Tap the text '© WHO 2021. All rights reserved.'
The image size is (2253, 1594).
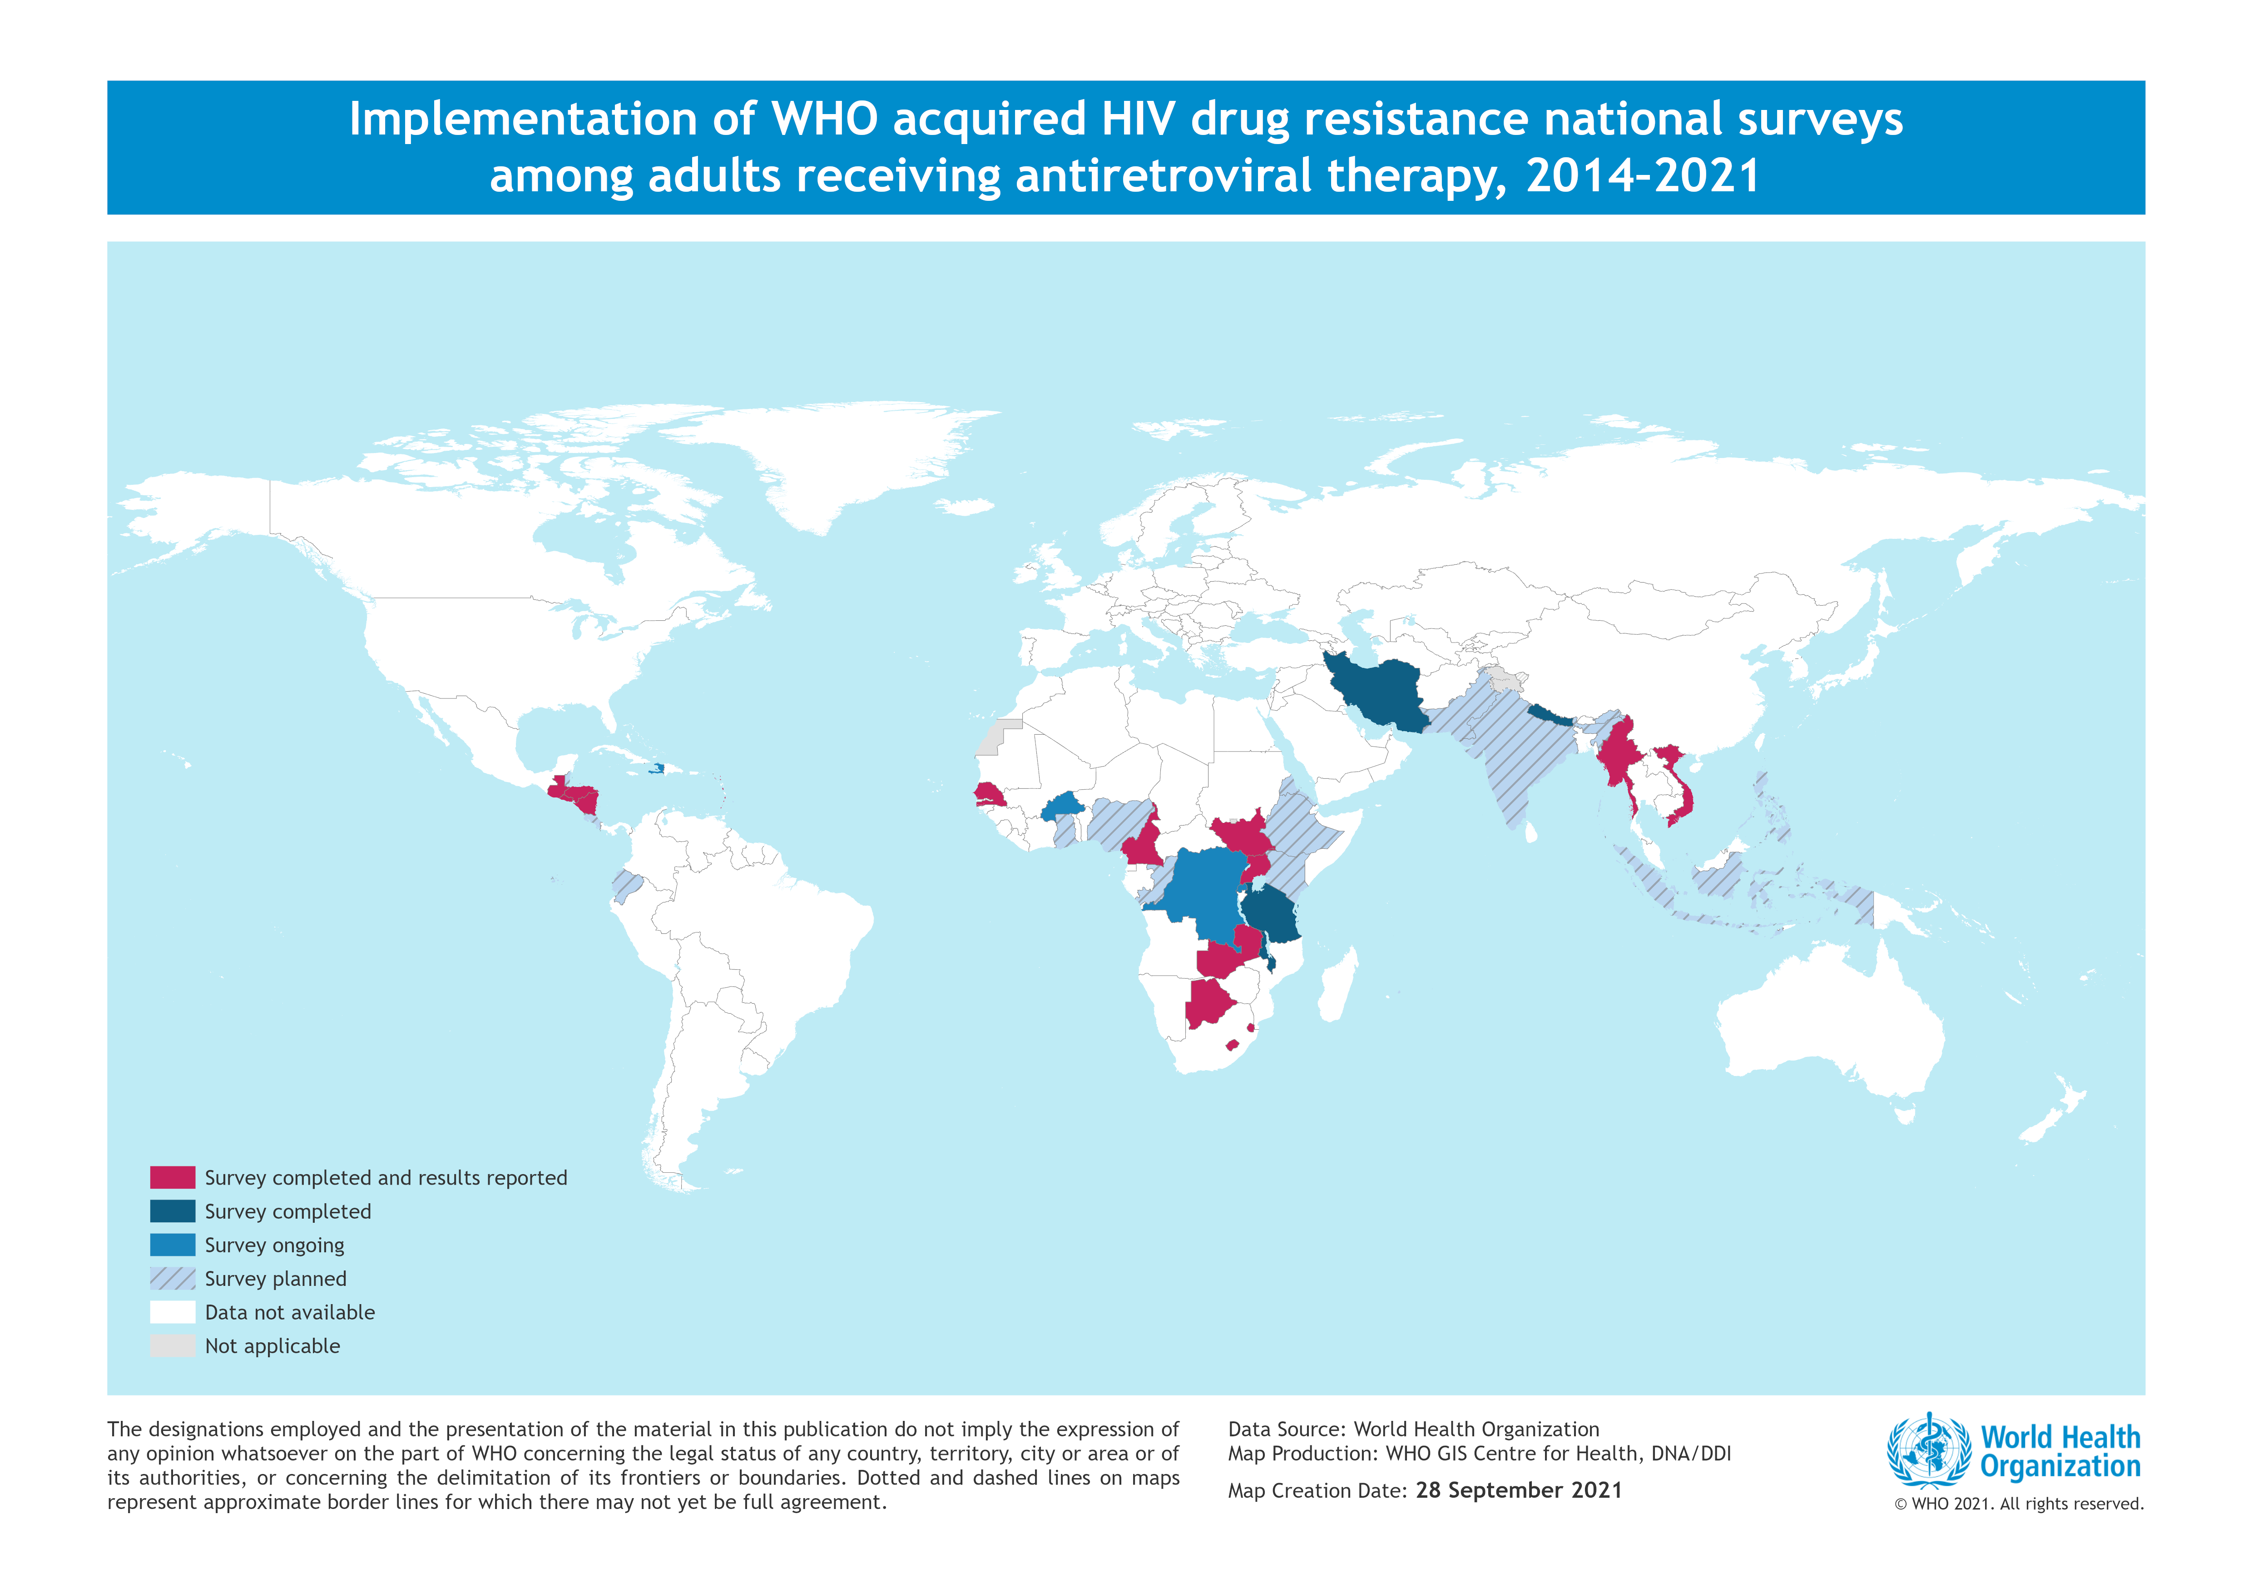pyautogui.click(x=2019, y=1504)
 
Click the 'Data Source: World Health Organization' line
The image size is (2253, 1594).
pyautogui.click(x=1413, y=1429)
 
